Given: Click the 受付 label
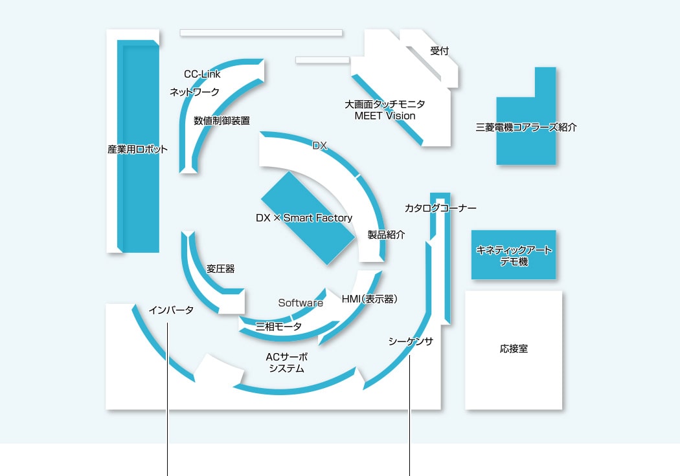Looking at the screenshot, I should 439,51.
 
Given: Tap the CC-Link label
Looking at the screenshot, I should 202,74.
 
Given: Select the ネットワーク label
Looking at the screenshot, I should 194,92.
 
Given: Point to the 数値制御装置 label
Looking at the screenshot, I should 221,120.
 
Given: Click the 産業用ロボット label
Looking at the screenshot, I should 137,149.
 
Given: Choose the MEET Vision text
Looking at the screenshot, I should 385,116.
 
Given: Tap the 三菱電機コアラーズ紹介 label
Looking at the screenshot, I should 526,127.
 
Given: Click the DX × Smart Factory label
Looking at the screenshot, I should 304,218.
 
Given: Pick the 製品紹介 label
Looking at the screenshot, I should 386,235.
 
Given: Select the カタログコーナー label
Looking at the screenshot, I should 440,208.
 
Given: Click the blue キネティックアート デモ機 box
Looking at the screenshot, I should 514,255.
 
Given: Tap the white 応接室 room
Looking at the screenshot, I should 514,349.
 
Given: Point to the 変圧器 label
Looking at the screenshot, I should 220,269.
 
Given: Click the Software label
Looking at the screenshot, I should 300,303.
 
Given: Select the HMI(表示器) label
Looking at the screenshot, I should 369,299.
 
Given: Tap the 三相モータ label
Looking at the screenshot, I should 278,327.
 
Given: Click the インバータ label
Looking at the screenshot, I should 171,310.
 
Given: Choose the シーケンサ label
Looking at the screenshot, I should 411,341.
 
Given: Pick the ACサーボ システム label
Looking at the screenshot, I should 286,362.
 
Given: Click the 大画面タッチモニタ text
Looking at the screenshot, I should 385,103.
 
